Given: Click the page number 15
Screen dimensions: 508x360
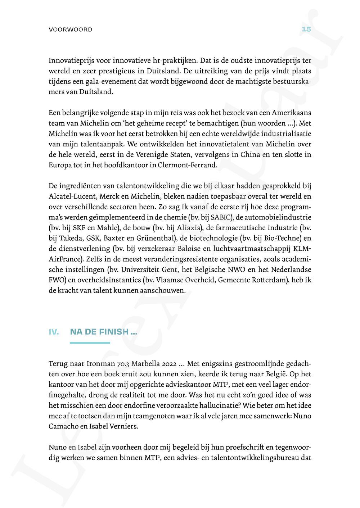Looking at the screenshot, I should [x=306, y=29].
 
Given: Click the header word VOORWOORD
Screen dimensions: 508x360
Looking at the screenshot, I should [x=70, y=30].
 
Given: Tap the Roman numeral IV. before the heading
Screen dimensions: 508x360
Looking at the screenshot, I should [x=54, y=332].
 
